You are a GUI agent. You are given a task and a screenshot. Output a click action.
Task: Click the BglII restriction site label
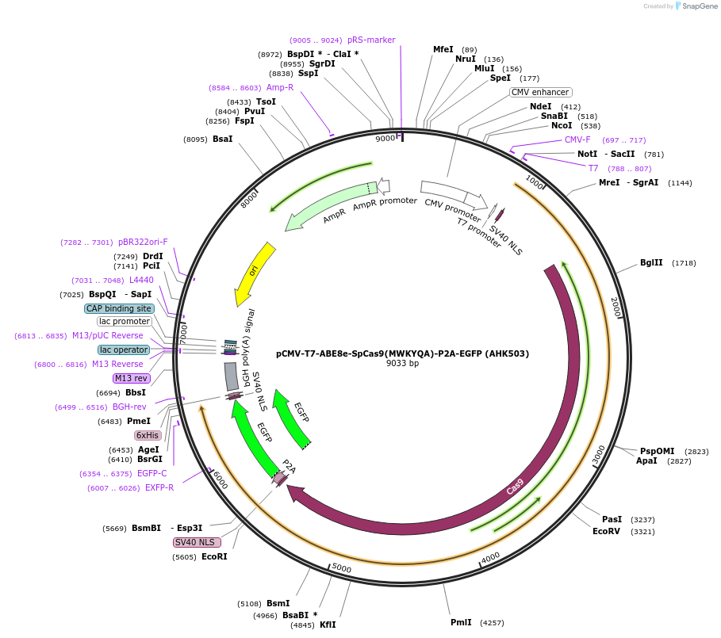click(x=651, y=262)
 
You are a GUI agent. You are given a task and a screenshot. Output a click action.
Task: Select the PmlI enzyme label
click(x=461, y=622)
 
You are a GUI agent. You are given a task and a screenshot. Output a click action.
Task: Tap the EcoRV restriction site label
click(x=606, y=531)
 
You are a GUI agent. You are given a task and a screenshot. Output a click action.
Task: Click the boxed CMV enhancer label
click(x=540, y=92)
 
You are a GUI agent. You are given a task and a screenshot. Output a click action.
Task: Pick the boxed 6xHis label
click(x=148, y=435)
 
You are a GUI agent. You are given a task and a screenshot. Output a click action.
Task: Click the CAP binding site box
click(x=119, y=308)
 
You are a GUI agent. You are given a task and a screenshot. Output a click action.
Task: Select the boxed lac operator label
click(x=124, y=350)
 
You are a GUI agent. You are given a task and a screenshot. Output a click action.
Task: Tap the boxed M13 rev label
click(x=131, y=378)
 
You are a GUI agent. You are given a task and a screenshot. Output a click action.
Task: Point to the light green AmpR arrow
click(x=325, y=207)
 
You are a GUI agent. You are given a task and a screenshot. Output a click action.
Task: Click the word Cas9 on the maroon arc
click(x=515, y=487)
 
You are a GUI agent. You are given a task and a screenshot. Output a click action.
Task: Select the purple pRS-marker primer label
click(x=371, y=40)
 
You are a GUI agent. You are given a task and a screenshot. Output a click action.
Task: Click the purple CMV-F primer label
click(x=577, y=139)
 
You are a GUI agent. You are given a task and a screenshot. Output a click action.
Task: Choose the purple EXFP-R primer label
click(x=159, y=487)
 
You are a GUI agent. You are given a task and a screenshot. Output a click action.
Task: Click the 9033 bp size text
click(x=402, y=364)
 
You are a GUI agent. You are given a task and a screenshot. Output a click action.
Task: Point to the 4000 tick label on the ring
click(x=490, y=557)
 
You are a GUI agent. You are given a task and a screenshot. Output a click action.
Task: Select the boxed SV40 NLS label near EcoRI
click(x=195, y=542)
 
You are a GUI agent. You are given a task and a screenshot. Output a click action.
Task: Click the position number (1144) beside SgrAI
click(x=680, y=183)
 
